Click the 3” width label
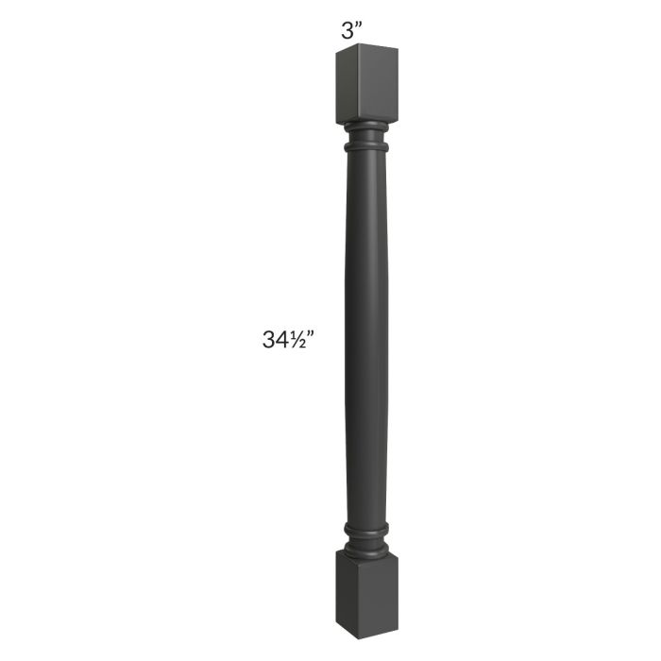coord(352,30)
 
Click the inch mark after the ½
coord(310,334)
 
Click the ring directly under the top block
coord(366,126)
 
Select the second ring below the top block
coord(366,148)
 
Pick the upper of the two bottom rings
coord(366,527)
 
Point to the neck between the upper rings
coord(366,137)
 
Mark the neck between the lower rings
coord(366,536)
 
